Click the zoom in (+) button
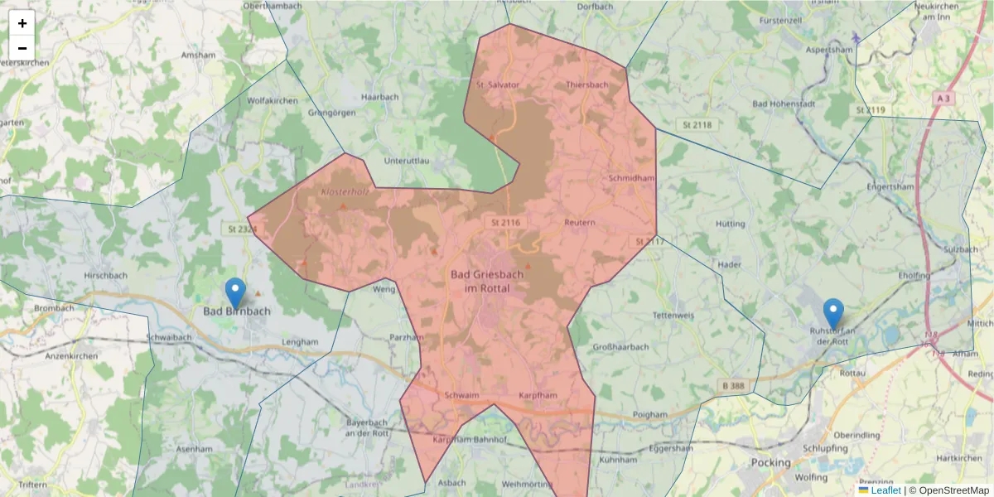click(22, 23)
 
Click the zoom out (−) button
click(22, 48)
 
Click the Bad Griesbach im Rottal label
click(480, 280)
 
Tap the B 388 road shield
click(732, 387)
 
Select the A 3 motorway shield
click(943, 98)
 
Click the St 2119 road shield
click(871, 109)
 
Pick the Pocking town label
click(770, 462)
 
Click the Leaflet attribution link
click(885, 490)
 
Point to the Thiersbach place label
click(586, 84)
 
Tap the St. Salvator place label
click(498, 84)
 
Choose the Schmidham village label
click(631, 178)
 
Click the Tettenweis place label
click(673, 316)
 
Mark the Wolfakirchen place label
click(272, 100)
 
